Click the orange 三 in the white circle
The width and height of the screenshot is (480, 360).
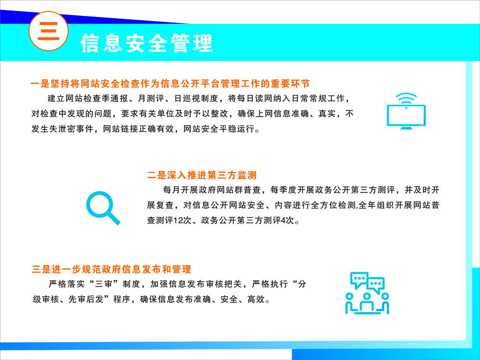coord(48,31)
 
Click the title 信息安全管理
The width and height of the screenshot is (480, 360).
coord(146,43)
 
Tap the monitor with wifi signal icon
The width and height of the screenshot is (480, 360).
coord(406,111)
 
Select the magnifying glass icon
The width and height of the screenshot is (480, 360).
coord(103,208)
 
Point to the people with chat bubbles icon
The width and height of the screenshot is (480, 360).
coord(367,293)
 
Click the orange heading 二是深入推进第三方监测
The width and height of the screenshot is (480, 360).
coord(202,175)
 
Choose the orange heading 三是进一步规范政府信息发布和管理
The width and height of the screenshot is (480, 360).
coord(111,269)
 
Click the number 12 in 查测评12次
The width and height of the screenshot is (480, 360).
coord(178,220)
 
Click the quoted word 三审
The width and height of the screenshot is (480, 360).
coord(104,284)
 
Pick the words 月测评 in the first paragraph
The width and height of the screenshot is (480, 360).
coord(151,98)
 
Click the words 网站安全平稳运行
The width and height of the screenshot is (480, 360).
coord(218,129)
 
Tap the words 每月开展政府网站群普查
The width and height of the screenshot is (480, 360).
coord(212,190)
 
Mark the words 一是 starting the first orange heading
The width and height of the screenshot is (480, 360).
coord(40,84)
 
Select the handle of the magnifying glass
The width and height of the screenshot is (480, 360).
coord(114,218)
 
